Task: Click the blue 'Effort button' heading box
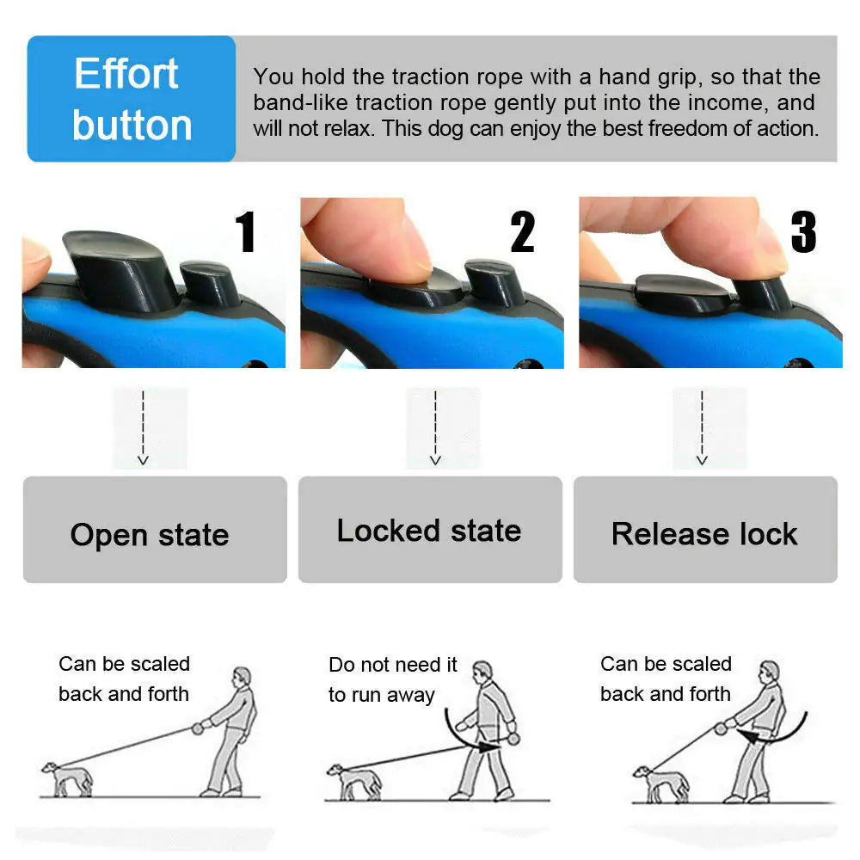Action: pyautogui.click(x=132, y=99)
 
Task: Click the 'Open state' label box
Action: pyautogui.click(x=155, y=531)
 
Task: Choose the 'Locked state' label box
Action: pyautogui.click(x=430, y=531)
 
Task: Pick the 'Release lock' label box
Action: pyautogui.click(x=705, y=531)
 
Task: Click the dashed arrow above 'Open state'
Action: pyautogui.click(x=144, y=427)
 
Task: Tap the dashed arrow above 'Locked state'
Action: pyautogui.click(x=435, y=427)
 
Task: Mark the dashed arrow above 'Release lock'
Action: pyautogui.click(x=702, y=427)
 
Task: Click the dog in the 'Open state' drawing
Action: pyautogui.click(x=66, y=777)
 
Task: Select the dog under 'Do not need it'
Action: pyautogui.click(x=352, y=781)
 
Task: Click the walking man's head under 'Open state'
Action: pyautogui.click(x=243, y=676)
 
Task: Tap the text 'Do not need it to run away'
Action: pyautogui.click(x=392, y=680)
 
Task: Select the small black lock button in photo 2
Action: pyautogui.click(x=493, y=282)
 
